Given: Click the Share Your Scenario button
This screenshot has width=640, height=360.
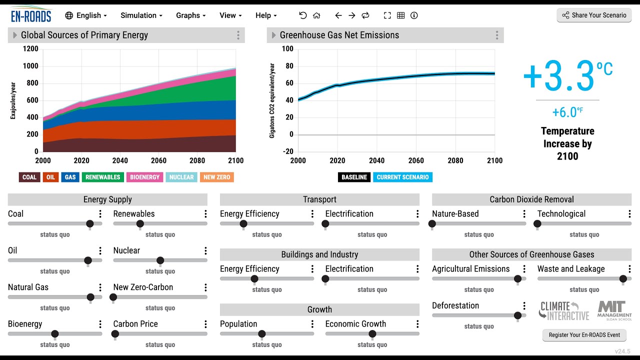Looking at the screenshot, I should coord(594,15).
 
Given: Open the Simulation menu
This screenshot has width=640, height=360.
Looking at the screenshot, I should coord(141,15).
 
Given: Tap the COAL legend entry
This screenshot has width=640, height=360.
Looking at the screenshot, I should coord(29,177).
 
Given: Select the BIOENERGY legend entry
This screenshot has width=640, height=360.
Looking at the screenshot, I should coord(145,177).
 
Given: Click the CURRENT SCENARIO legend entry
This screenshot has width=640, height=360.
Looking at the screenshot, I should coord(402,177).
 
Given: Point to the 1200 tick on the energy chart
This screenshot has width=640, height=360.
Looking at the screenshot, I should coord(30,49).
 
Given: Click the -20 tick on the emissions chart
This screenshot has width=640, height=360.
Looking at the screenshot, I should coord(287,151).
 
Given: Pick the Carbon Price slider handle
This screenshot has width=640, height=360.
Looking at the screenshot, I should coord(115,334).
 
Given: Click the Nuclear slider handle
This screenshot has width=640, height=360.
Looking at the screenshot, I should coord(160,260).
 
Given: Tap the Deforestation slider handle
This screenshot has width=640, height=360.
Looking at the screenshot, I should coord(517,315).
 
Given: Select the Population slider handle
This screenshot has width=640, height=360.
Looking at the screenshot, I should coord(261,334).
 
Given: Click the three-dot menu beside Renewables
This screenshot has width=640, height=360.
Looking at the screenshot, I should coord(205,214).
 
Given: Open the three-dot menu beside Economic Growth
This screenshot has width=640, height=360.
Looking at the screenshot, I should coord(417,324).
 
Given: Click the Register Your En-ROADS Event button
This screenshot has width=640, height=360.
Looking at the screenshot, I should coord(584,335).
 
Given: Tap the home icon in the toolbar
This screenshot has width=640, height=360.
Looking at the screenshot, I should coord(316,15).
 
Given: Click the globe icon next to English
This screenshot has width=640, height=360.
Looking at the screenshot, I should coord(69,15).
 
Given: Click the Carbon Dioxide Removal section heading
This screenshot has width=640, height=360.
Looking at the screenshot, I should coord(531,199).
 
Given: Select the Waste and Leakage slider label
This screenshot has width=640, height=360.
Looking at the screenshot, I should coord(571,269).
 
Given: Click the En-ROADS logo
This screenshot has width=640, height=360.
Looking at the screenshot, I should coord(31,15).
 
